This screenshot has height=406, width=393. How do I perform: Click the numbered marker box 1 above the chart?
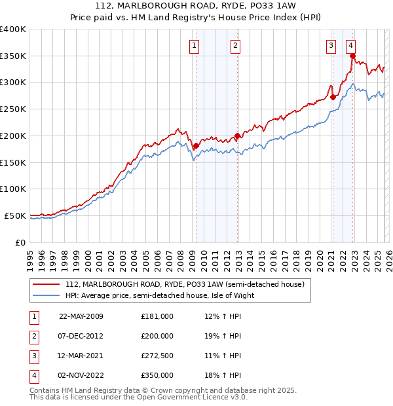[x=195, y=45]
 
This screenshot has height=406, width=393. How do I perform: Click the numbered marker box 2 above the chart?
[x=234, y=45]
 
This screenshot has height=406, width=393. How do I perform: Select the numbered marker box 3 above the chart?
[x=331, y=45]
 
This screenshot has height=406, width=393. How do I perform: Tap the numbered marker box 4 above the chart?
[x=351, y=45]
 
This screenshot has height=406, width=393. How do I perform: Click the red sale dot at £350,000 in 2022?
[x=352, y=56]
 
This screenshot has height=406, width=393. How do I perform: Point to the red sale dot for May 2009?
[x=196, y=146]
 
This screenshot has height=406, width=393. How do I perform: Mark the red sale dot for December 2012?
[x=237, y=136]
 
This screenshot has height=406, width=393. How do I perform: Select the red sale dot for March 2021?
[x=333, y=98]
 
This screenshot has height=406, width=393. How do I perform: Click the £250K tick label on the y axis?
[x=13, y=109]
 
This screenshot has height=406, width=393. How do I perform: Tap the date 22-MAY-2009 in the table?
[x=81, y=316]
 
